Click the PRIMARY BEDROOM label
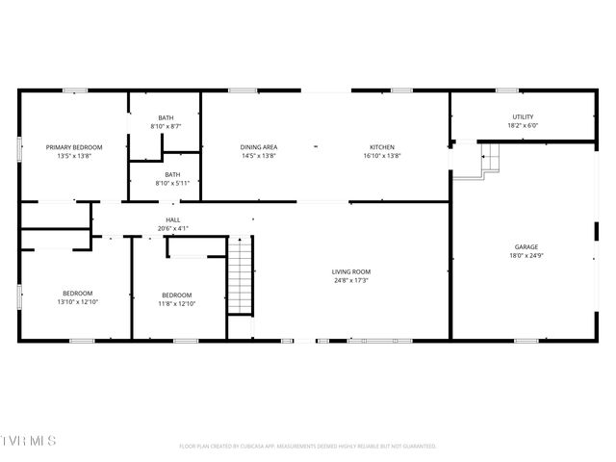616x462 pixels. (74, 147)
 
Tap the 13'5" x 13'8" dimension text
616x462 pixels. (74, 156)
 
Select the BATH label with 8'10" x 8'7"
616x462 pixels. (167, 118)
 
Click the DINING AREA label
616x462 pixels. (258, 147)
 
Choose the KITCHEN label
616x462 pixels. (382, 147)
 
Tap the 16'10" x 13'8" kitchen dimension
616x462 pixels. (382, 156)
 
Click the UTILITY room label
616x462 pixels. (523, 117)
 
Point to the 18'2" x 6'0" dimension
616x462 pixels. (523, 126)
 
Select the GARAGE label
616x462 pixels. (526, 246)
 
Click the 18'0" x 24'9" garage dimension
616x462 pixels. (526, 255)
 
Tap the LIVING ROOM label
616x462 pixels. (351, 272)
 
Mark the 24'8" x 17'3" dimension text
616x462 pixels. (351, 281)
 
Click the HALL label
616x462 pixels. (173, 220)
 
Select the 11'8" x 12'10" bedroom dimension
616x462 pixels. (176, 304)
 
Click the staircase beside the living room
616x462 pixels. (240, 279)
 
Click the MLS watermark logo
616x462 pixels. (29, 441)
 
